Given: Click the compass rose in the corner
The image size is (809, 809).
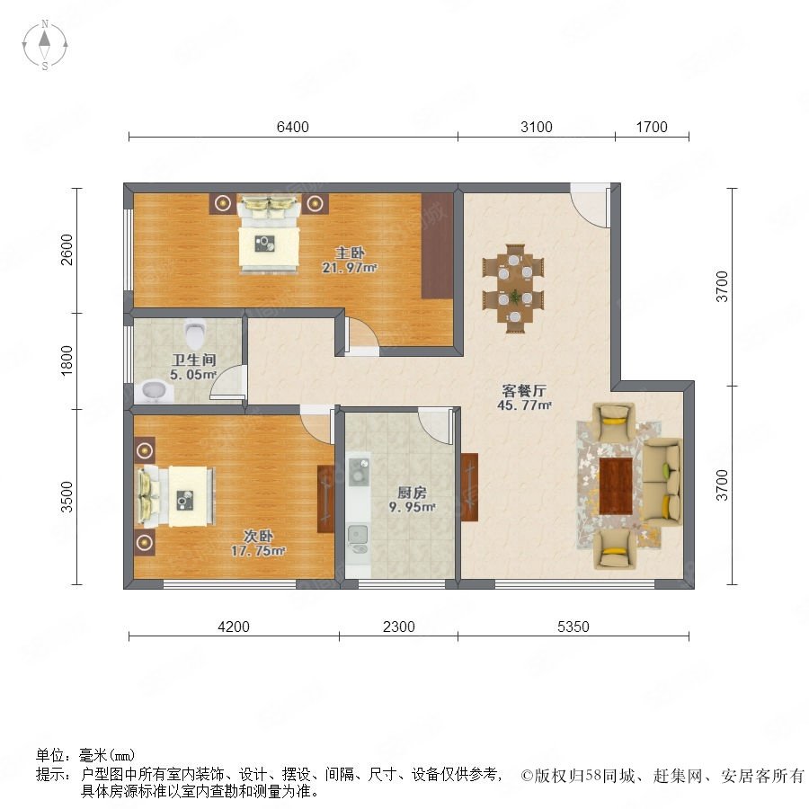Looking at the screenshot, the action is coord(45,45).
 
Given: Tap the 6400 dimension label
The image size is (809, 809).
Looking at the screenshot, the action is coord(292,127).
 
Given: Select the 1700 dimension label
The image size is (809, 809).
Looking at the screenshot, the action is coord(652,127).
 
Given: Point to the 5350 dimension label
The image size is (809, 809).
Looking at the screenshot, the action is coord(573,627).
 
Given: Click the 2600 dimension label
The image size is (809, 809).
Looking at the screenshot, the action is coord(67,250).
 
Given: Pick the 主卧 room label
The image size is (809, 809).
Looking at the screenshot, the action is coord(351,253).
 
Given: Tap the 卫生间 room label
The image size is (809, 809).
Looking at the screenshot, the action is coord(194,360).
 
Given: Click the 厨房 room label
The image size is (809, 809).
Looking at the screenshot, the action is coord(412,493).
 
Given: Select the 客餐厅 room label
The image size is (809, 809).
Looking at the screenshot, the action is coord(524,391).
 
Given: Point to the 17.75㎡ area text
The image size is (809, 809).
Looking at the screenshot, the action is coord(258,551).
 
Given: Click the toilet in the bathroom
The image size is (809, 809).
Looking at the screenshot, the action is coord(195,333).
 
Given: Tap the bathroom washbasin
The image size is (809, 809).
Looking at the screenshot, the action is coord(154,391).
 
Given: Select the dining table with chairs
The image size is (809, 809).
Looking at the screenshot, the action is coord(514,288).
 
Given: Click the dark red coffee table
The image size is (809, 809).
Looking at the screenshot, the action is coord(616,485).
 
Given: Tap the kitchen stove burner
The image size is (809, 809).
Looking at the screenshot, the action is coord(358,472).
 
